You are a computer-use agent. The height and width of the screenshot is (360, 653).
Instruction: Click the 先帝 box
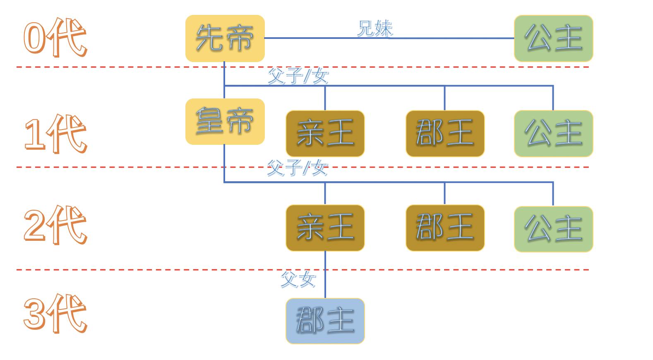point(225,38)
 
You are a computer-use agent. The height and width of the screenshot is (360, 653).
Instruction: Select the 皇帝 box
point(225,121)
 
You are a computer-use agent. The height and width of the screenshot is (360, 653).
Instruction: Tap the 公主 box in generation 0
point(553,38)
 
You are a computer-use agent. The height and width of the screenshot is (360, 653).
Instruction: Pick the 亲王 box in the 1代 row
point(325,133)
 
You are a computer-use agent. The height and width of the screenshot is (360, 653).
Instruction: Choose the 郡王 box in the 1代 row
point(445,133)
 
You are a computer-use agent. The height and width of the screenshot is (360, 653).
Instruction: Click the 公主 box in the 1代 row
point(553,133)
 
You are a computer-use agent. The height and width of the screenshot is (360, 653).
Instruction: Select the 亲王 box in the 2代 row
point(325,228)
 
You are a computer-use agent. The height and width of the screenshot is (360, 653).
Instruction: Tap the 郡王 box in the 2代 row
point(445,228)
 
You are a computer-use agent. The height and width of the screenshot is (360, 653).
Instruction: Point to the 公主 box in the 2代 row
point(553,229)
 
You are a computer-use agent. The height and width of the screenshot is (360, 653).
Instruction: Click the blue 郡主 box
point(325,321)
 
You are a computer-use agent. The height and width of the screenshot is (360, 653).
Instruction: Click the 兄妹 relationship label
point(375,29)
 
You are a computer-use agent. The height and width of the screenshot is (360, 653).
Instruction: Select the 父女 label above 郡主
point(298,279)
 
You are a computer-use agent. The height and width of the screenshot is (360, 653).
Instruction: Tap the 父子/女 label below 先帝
point(298,76)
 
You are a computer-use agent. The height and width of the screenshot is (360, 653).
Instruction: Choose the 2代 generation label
point(55,226)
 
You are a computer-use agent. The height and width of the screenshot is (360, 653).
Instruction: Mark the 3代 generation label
point(55,314)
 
